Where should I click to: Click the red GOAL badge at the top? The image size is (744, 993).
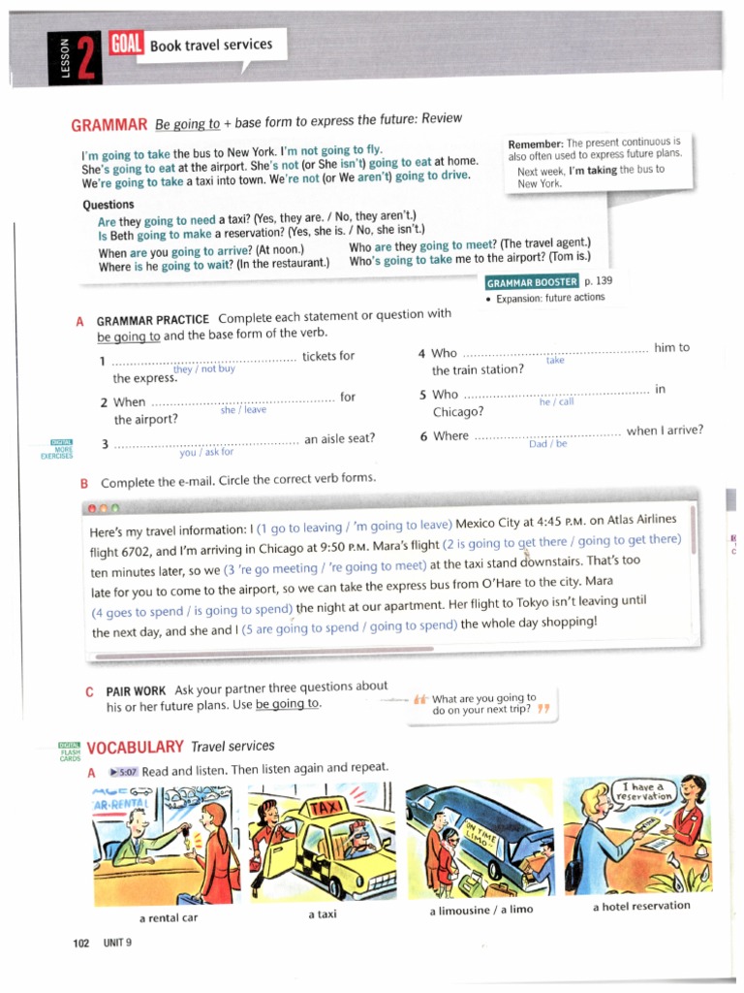tap(127, 45)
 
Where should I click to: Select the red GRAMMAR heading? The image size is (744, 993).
tap(108, 125)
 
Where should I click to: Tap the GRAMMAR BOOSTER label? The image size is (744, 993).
tap(532, 282)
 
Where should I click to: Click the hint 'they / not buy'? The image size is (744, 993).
tap(203, 368)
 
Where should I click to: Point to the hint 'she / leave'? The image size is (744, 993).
tap(243, 409)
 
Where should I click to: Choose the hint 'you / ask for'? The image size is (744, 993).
tap(206, 452)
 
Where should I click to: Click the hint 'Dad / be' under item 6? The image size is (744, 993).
tap(547, 444)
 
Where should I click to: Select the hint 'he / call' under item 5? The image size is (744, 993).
tap(556, 401)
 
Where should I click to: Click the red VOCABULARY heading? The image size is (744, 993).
tap(135, 747)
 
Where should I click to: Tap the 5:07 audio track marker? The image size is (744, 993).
tap(124, 770)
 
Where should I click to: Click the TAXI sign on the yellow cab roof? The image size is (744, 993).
tap(324, 808)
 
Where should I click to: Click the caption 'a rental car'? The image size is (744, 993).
tap(169, 917)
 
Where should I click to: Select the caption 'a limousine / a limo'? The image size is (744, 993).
tap(480, 911)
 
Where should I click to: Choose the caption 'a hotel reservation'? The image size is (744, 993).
tap(640, 906)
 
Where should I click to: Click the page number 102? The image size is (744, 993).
tap(81, 943)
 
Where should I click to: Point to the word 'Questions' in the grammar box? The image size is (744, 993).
tap(108, 205)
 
